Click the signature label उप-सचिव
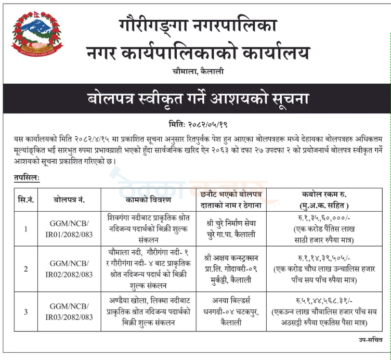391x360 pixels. [369, 339]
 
